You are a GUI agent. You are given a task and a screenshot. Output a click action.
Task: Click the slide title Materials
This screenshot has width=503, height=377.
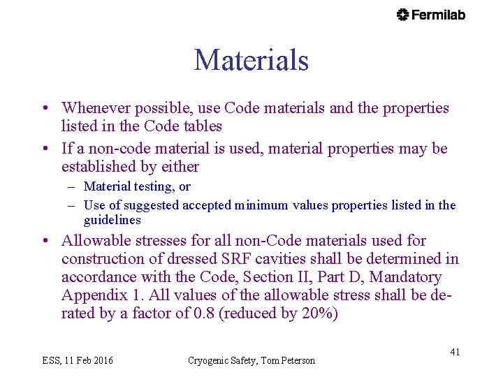(x=251, y=60)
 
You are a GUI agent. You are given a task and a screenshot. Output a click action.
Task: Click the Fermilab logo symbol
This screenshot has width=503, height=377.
(x=402, y=15)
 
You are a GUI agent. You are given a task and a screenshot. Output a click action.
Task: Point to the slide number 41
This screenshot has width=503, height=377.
(x=455, y=352)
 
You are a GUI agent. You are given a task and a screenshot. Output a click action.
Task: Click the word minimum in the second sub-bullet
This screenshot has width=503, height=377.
(x=261, y=205)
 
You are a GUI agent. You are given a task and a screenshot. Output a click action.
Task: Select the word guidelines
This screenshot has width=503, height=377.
(x=112, y=220)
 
